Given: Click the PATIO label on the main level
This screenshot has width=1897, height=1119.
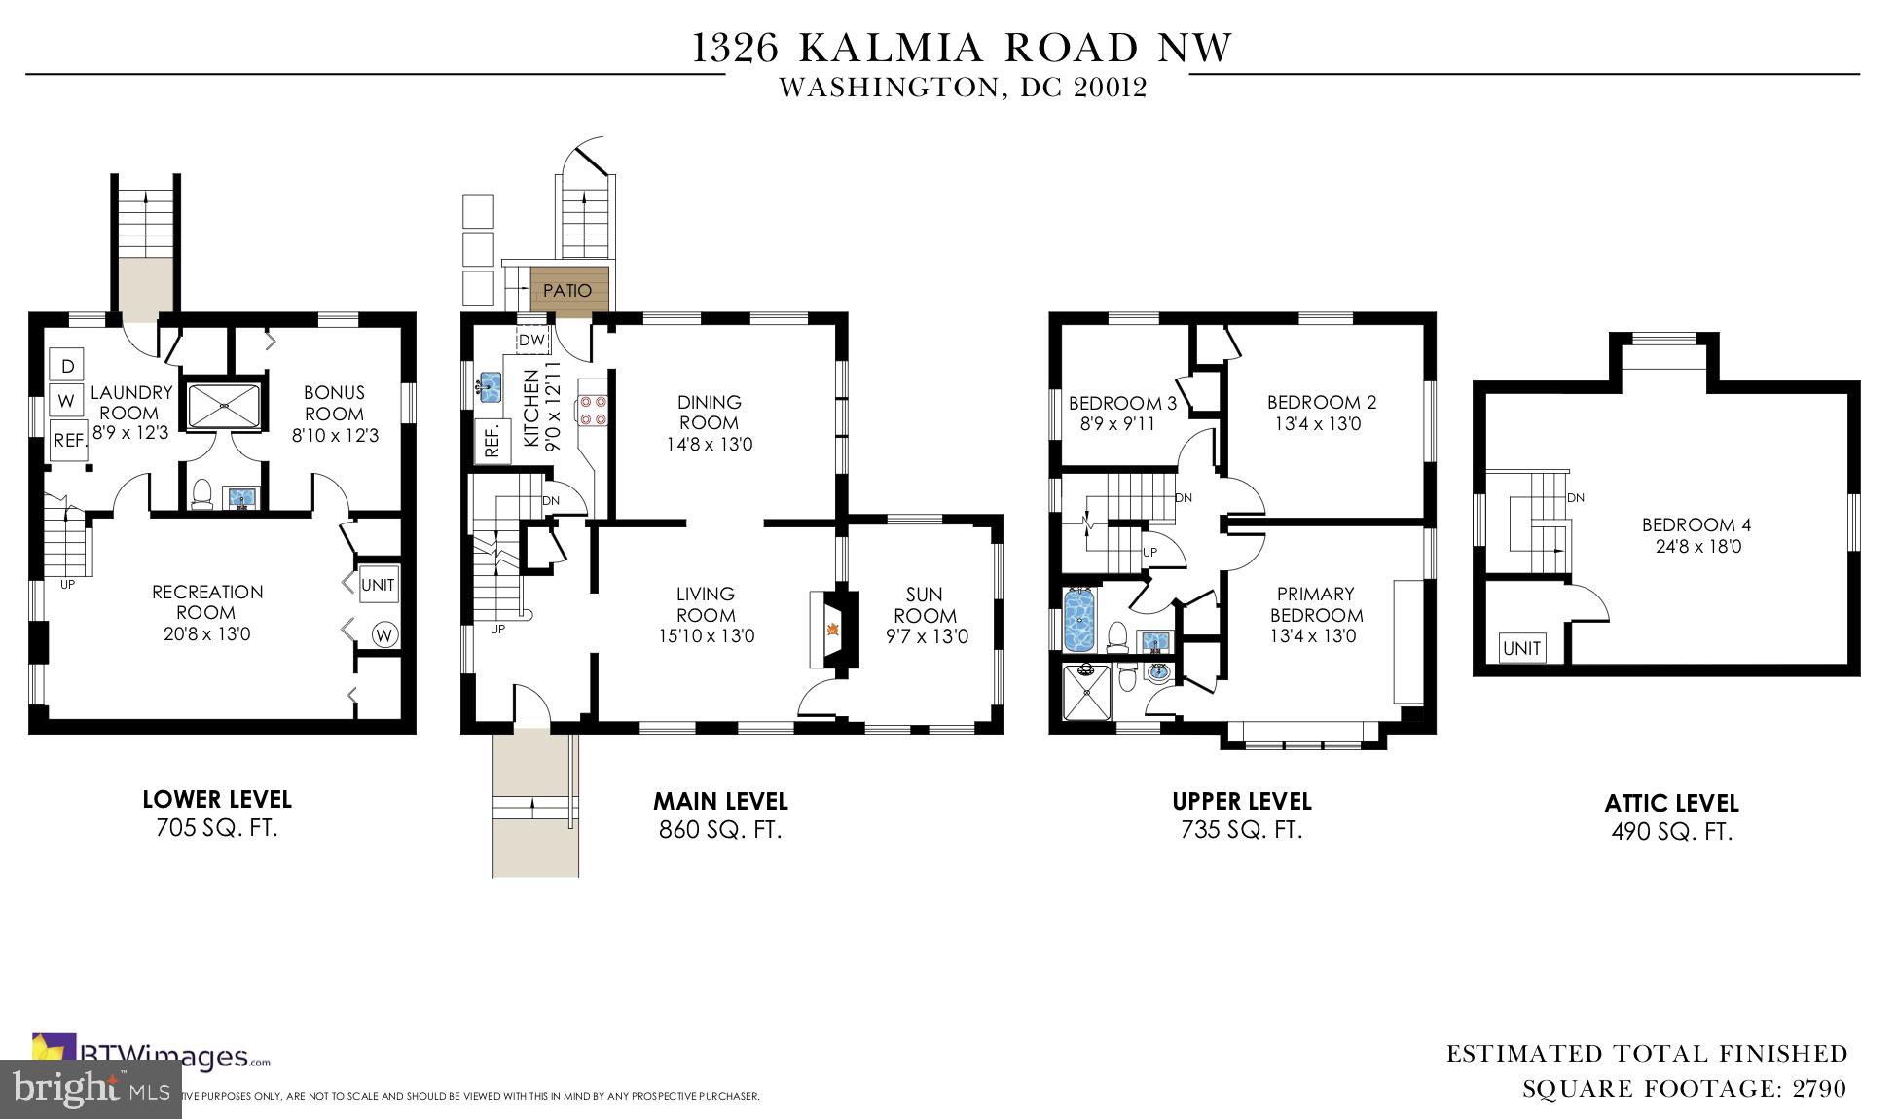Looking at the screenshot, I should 567,290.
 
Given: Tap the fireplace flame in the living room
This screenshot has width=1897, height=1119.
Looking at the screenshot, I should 832,629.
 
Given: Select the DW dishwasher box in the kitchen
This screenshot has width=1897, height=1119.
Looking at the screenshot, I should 531,340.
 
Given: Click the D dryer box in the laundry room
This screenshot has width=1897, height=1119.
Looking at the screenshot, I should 67,366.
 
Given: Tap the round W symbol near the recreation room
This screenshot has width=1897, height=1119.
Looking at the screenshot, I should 384,635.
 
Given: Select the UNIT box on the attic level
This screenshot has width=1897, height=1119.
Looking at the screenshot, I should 1521,648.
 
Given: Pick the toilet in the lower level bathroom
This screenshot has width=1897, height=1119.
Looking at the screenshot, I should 202,493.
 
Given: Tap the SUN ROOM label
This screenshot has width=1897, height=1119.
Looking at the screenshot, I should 925,604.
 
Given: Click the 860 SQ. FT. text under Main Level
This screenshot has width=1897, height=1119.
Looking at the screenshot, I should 720,830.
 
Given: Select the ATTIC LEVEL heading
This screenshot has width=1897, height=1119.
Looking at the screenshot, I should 1671,804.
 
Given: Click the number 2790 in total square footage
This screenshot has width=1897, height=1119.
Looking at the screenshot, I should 1819,1089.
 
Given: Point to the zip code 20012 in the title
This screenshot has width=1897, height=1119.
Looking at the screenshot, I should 1111,88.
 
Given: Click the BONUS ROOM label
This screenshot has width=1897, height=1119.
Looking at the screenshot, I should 334,403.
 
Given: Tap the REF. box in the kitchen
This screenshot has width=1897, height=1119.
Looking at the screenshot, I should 492,439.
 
